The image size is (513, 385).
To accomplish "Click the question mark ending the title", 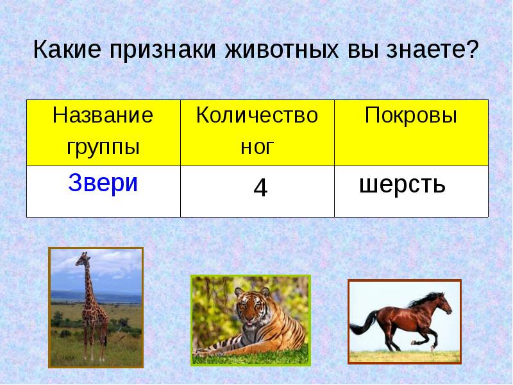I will tap(473, 49).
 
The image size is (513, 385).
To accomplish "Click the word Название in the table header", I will tap(103, 116).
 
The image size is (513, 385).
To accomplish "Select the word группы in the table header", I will tap(103, 146).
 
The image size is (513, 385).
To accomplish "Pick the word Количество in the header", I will tap(257, 116).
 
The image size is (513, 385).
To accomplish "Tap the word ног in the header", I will tap(257, 147).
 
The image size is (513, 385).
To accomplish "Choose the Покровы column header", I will tap(411, 116).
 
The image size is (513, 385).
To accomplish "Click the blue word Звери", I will tap(103, 184).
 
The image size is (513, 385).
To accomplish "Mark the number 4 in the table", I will tap(260, 188).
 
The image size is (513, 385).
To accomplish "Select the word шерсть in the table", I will tap(402, 185).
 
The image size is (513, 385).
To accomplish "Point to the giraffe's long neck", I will tap(87, 282).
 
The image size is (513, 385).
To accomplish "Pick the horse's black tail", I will tap(359, 325).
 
